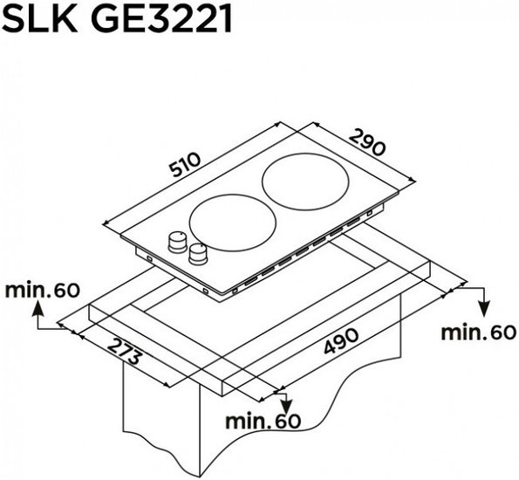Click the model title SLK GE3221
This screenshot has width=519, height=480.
coord(117,19)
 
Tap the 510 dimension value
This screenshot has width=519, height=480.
coord(185,164)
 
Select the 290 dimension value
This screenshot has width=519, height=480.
coord(367,142)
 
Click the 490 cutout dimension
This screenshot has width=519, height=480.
coord(341,341)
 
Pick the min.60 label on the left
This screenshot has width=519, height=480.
coord(43,291)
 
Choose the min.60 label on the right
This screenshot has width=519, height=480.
coord(479,333)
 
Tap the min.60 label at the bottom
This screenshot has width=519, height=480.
coord(263,421)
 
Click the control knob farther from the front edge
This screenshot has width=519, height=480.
coord(177,242)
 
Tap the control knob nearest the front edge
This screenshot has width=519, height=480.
coord(198,254)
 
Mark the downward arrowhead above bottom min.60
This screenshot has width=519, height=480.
coord(286,405)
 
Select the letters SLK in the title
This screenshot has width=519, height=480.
coord(40,19)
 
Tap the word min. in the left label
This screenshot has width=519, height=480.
coord(28,291)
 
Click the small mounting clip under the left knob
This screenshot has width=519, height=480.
coord(148,258)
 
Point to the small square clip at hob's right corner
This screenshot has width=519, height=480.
coord(370,214)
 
